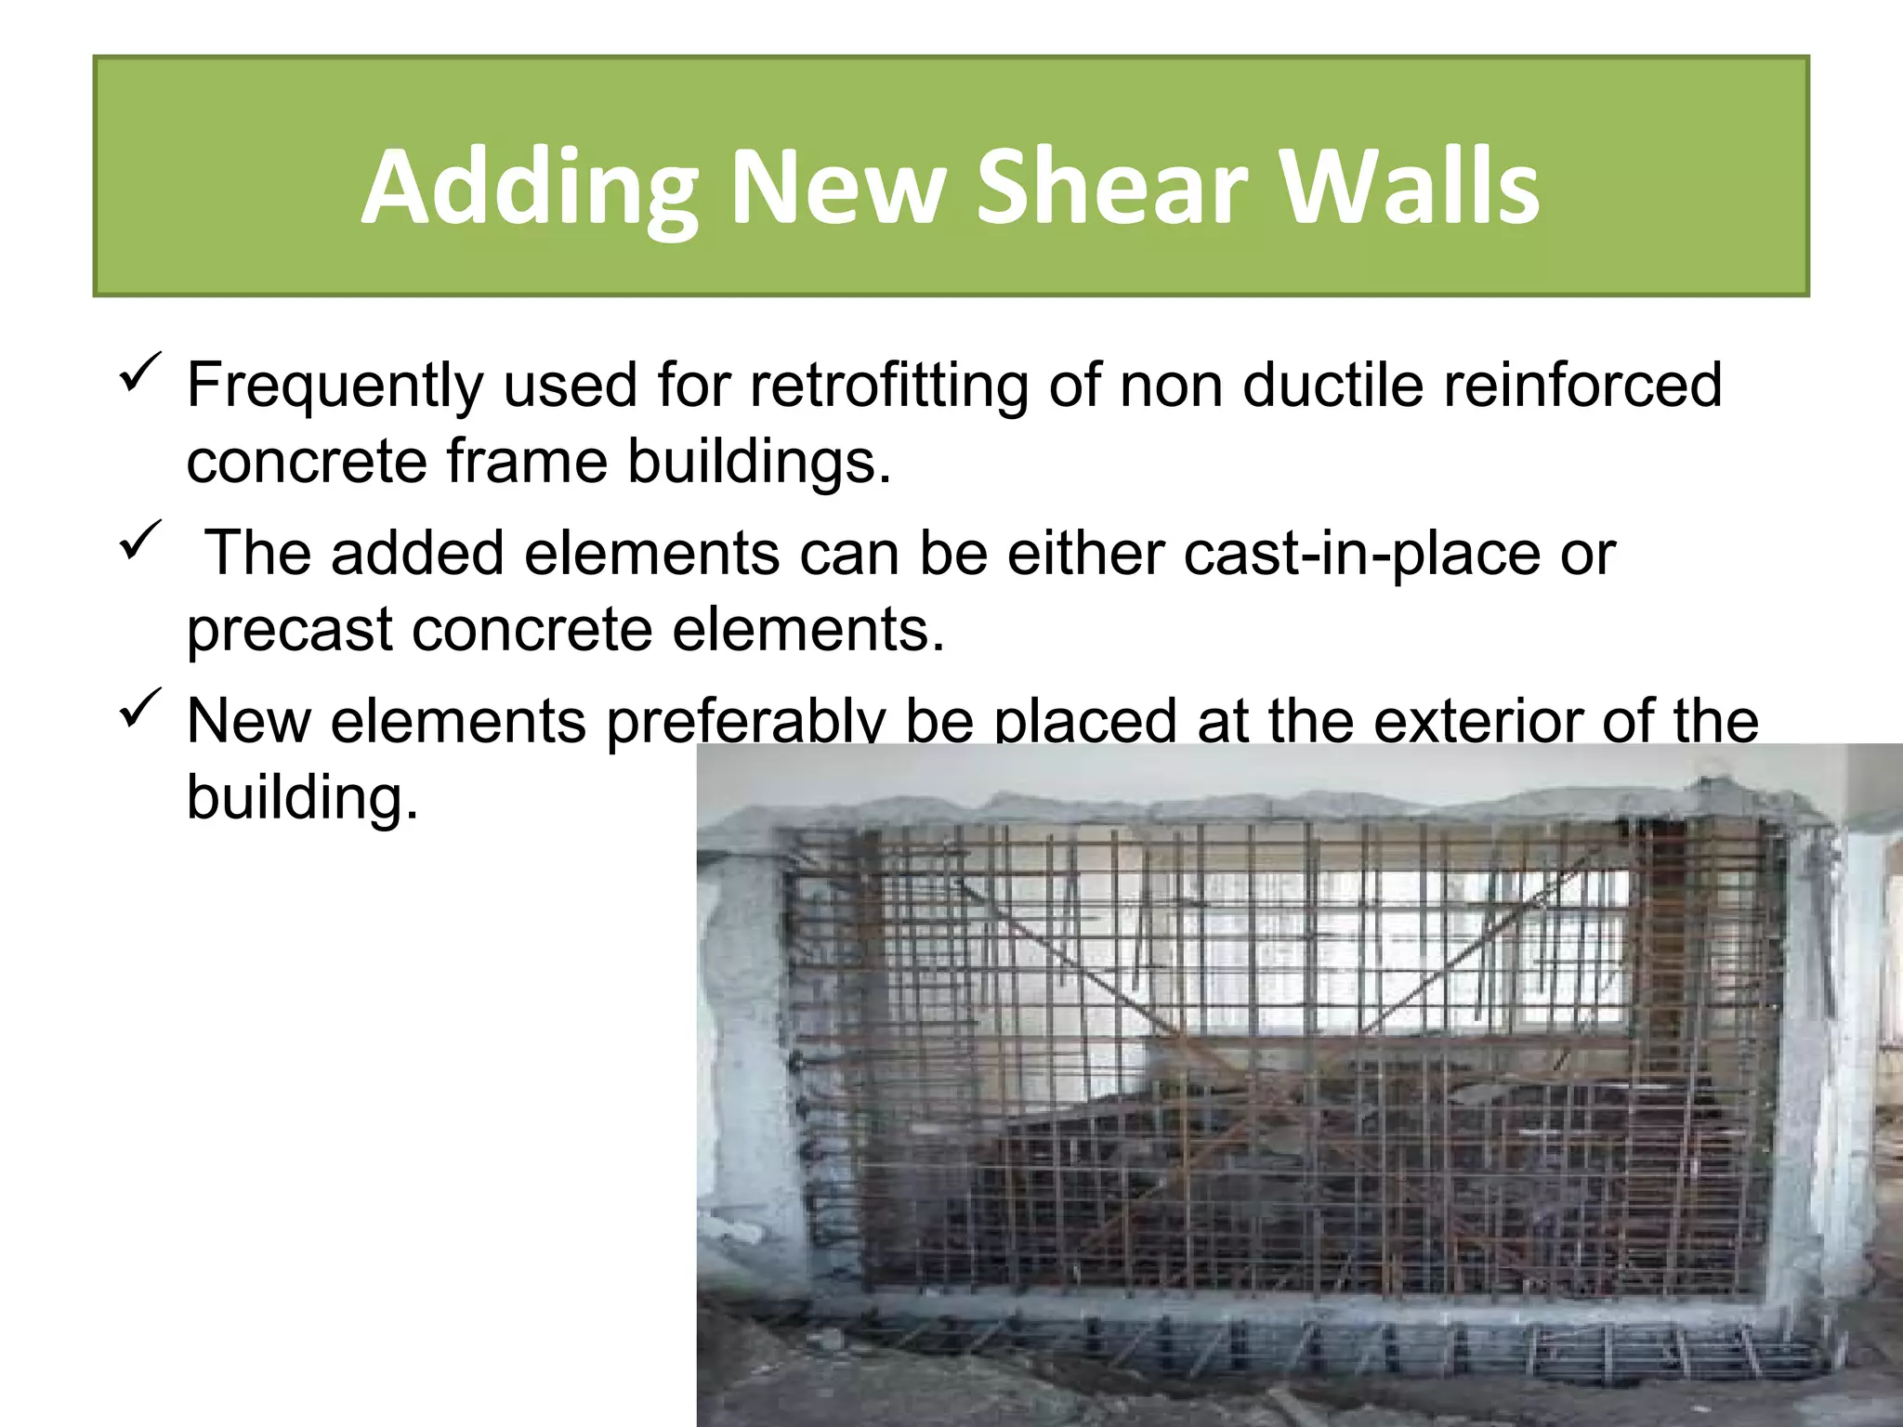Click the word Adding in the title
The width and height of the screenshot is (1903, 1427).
(x=530, y=188)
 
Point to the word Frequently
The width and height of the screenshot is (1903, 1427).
(x=335, y=386)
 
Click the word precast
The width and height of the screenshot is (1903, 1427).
(x=290, y=631)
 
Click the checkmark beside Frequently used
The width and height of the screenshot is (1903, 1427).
(x=141, y=372)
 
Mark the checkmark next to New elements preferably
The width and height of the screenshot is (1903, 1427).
(x=141, y=708)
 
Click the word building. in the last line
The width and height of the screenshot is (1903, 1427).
(x=302, y=797)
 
